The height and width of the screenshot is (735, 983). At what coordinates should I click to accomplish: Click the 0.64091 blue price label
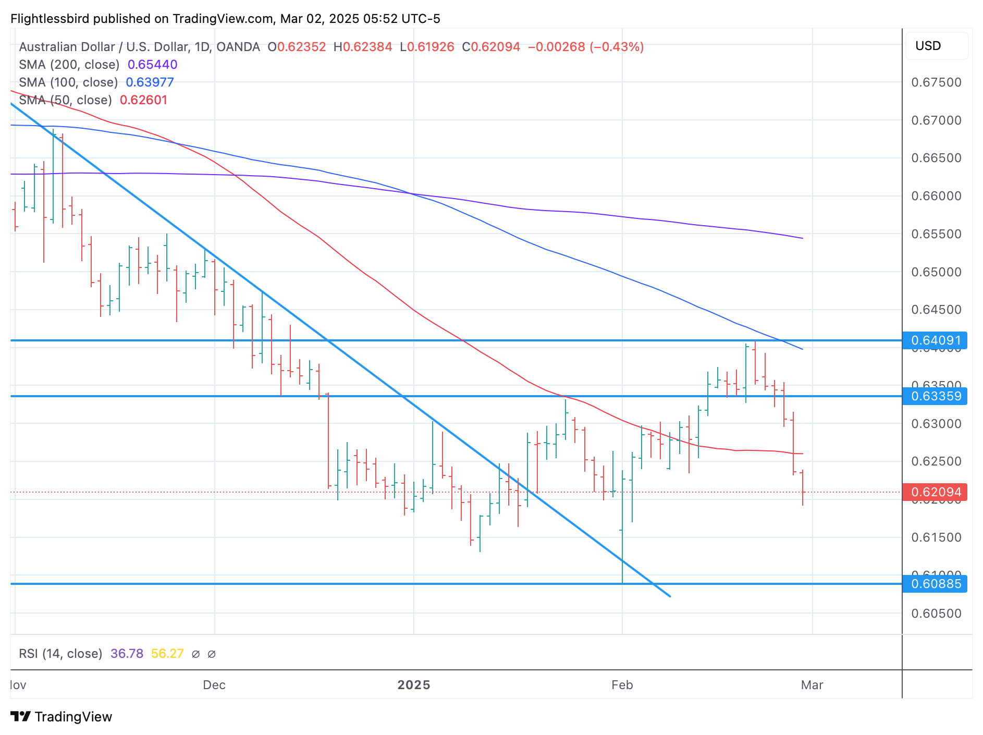936,341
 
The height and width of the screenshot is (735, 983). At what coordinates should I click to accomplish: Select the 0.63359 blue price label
936,396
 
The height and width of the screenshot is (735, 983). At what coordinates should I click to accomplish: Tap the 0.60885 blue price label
936,584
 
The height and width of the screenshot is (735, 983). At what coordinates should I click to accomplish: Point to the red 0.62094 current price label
936,492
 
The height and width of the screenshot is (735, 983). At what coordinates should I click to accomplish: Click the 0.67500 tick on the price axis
936,82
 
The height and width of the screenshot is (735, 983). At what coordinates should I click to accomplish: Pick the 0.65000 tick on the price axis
936,272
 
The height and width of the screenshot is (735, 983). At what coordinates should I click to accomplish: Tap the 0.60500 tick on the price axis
936,614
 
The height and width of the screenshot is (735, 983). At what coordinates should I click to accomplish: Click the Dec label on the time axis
214,685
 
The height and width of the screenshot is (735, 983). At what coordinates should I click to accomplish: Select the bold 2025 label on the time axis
414,685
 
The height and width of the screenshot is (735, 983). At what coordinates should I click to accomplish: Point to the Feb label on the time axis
622,685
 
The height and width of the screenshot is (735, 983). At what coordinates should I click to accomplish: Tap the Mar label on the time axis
812,685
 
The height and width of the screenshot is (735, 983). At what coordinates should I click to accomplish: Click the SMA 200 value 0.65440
152,65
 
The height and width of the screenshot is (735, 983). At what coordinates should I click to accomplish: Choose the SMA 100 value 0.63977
150,82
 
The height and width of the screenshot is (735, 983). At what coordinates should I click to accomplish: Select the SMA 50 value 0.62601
144,100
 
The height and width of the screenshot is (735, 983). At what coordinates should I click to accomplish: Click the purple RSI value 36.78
127,654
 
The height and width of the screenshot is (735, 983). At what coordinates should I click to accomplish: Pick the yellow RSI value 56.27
167,654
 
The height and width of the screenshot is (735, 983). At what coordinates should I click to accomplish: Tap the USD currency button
928,46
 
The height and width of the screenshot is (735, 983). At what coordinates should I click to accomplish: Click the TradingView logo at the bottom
62,717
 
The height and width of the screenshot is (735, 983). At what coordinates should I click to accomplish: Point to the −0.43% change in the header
617,47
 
